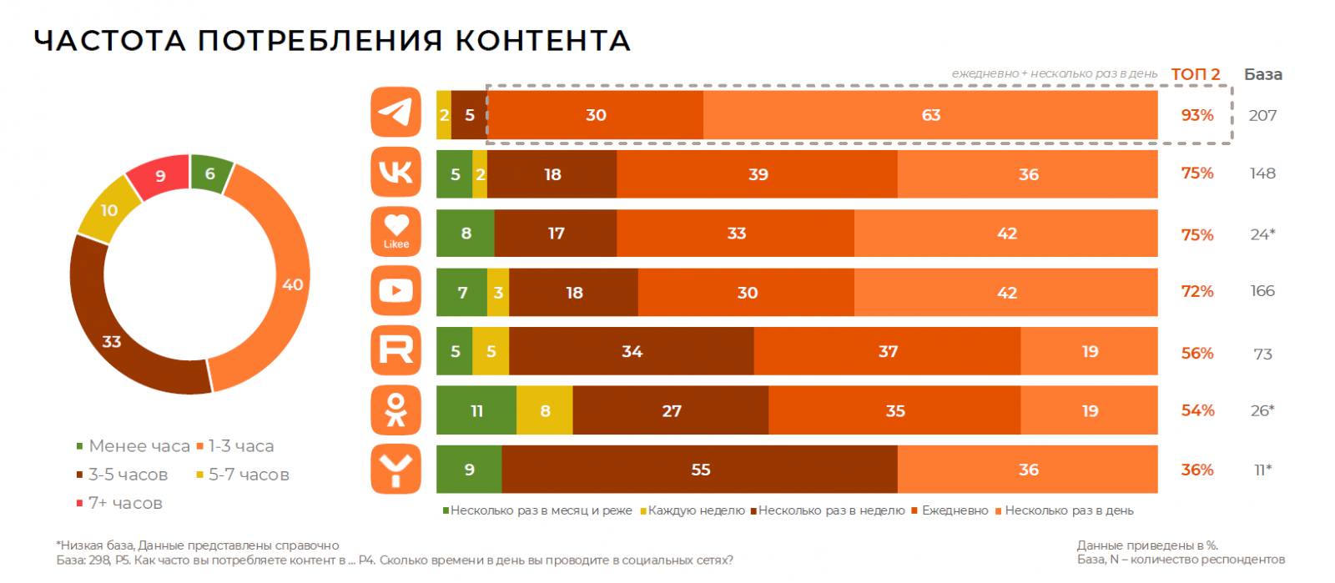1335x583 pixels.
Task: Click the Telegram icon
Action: pos(395,112)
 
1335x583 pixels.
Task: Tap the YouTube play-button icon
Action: pos(395,290)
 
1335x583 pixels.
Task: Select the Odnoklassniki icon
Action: pos(395,410)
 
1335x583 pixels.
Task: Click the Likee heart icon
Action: pos(395,231)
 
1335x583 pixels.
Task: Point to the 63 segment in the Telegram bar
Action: pos(930,115)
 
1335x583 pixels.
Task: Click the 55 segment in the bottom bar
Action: pos(700,470)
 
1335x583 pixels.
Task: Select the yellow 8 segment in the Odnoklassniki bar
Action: pos(545,410)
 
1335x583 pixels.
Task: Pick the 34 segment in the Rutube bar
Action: pos(632,351)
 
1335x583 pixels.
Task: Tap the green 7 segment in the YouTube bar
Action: pos(462,293)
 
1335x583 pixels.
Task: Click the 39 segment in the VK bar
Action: pos(758,174)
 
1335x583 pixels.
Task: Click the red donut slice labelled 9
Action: pos(159,176)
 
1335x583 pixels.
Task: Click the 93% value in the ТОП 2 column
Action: pos(1196,115)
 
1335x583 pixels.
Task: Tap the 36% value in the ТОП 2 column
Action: pos(1196,470)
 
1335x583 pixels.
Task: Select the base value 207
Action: pos(1262,115)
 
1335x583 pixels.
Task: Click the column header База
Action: pos(1262,74)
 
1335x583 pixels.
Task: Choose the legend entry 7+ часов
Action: pos(125,503)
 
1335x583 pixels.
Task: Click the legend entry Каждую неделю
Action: pos(695,510)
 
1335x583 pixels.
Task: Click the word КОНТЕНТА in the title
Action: pos(542,40)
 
